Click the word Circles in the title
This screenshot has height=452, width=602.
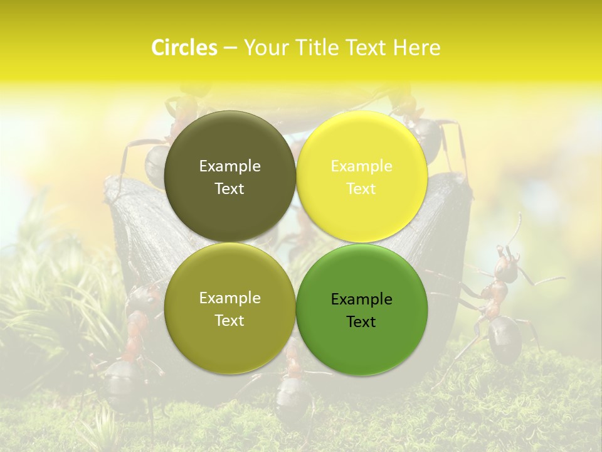click(184, 48)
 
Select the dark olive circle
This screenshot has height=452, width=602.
click(230, 176)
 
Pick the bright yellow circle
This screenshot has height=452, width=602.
click(361, 176)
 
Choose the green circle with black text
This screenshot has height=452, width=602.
click(361, 309)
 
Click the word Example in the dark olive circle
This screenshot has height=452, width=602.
click(230, 166)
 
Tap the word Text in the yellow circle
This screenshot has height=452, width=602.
click(361, 189)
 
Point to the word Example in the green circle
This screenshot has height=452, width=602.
click(361, 299)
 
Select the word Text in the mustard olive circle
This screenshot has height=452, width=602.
click(230, 321)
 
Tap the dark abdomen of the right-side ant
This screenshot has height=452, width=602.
click(505, 339)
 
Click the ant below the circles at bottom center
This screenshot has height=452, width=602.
click(292, 395)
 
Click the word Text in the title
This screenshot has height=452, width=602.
click(365, 48)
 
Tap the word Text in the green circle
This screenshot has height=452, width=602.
click(361, 322)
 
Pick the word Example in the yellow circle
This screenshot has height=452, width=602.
click(361, 166)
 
